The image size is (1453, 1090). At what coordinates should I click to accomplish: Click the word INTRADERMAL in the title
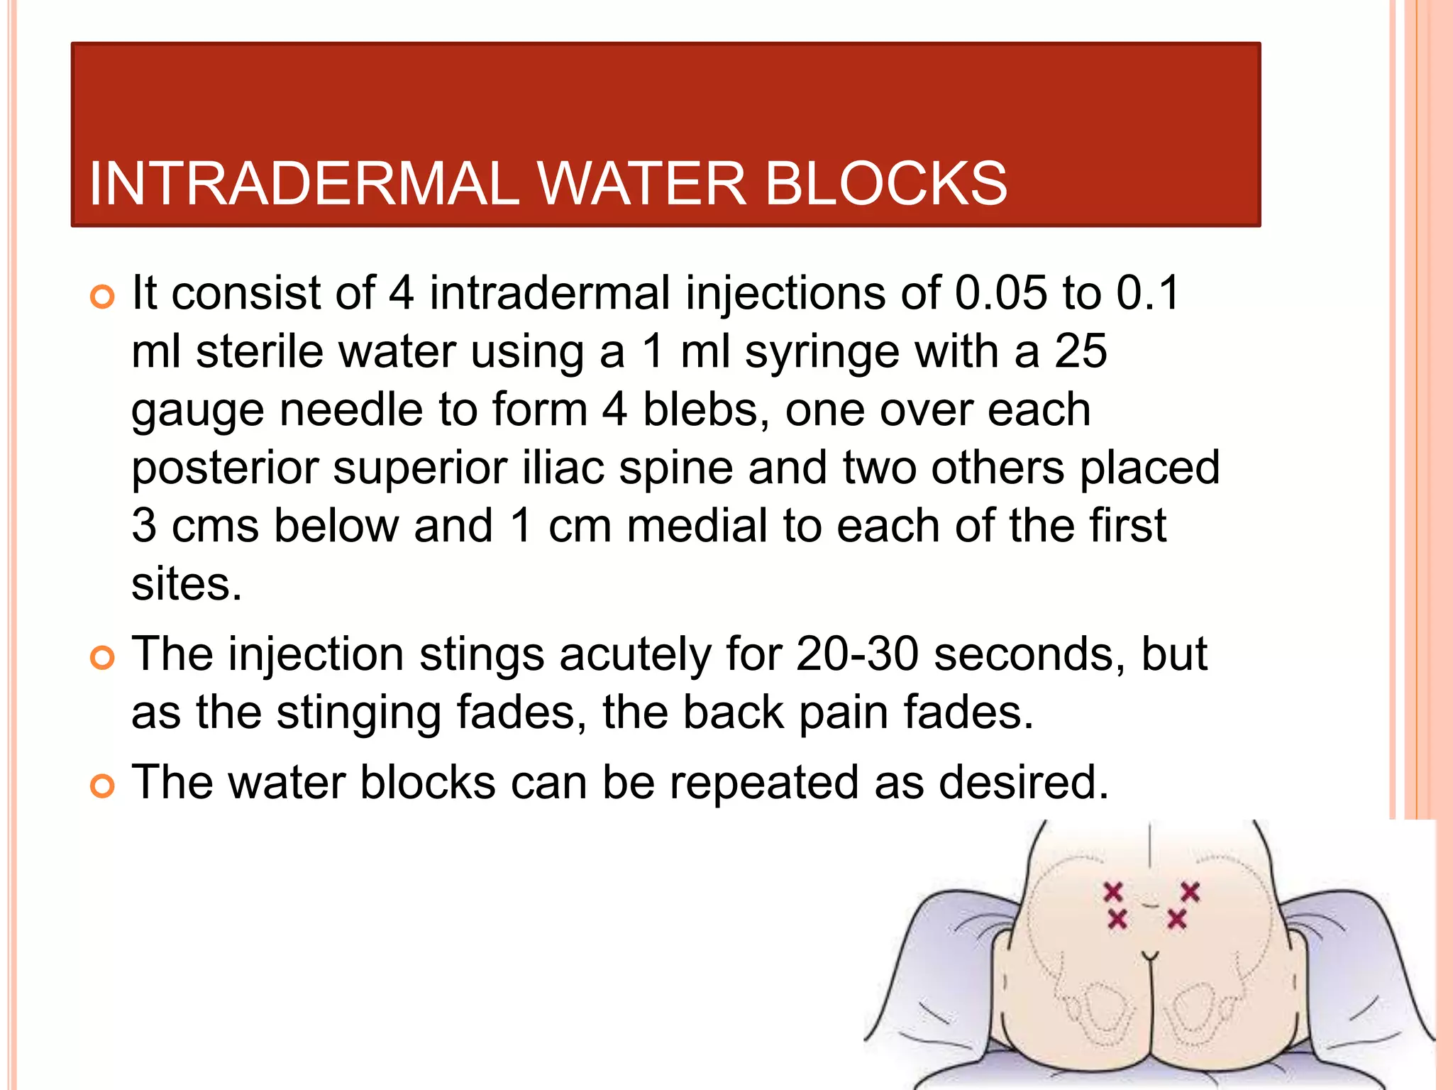click(x=304, y=184)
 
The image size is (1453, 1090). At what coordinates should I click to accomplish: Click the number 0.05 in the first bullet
click(x=1000, y=293)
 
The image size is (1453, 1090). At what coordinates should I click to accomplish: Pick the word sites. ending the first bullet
click(x=187, y=585)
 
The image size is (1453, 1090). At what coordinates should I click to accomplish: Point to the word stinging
click(x=358, y=713)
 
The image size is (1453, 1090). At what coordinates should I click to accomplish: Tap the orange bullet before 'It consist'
click(x=103, y=297)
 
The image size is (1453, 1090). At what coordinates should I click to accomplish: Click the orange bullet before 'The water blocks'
click(x=103, y=787)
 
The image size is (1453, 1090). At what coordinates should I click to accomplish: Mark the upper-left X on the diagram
click(x=1112, y=891)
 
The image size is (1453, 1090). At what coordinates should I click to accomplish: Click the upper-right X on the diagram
click(x=1190, y=891)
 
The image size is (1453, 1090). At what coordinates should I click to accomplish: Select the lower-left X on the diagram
click(x=1117, y=920)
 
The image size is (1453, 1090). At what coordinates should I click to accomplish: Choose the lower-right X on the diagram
click(x=1177, y=920)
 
